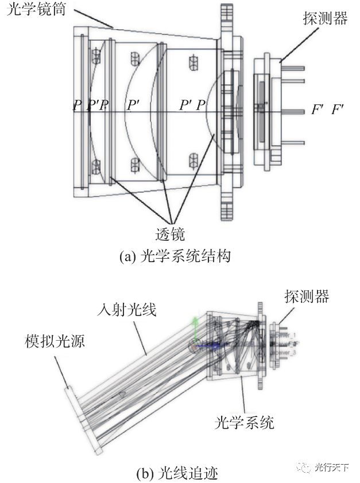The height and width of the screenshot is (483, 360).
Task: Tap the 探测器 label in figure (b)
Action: click(307, 296)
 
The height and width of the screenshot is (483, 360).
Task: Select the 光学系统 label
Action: click(244, 423)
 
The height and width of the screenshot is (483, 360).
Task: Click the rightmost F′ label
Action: click(338, 109)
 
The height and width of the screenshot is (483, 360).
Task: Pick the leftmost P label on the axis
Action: click(76, 105)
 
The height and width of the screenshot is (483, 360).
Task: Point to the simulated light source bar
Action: click(84, 419)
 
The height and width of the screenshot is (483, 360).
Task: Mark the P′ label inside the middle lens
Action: click(133, 105)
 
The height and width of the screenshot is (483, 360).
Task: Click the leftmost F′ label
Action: click(318, 109)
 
